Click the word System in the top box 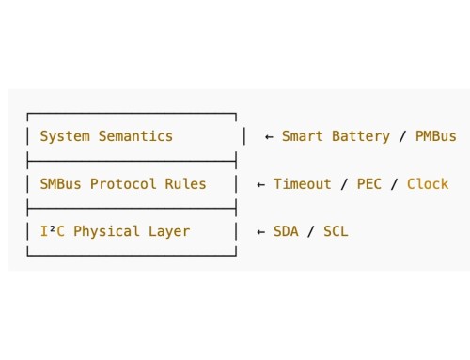click(x=65, y=136)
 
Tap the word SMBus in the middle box click(x=61, y=184)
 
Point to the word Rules click(x=185, y=184)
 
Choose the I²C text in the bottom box click(x=53, y=231)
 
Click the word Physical click(x=106, y=231)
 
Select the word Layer click(x=168, y=231)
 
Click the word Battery click(x=360, y=136)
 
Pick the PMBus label click(x=435, y=136)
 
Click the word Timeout click(x=303, y=184)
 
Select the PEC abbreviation click(x=369, y=184)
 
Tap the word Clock click(x=428, y=184)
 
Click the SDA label click(x=287, y=231)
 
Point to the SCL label click(x=336, y=231)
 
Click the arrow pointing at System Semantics click(x=269, y=136)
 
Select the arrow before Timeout click(x=260, y=184)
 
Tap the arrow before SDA click(x=260, y=231)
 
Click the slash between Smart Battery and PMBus click(x=402, y=136)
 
